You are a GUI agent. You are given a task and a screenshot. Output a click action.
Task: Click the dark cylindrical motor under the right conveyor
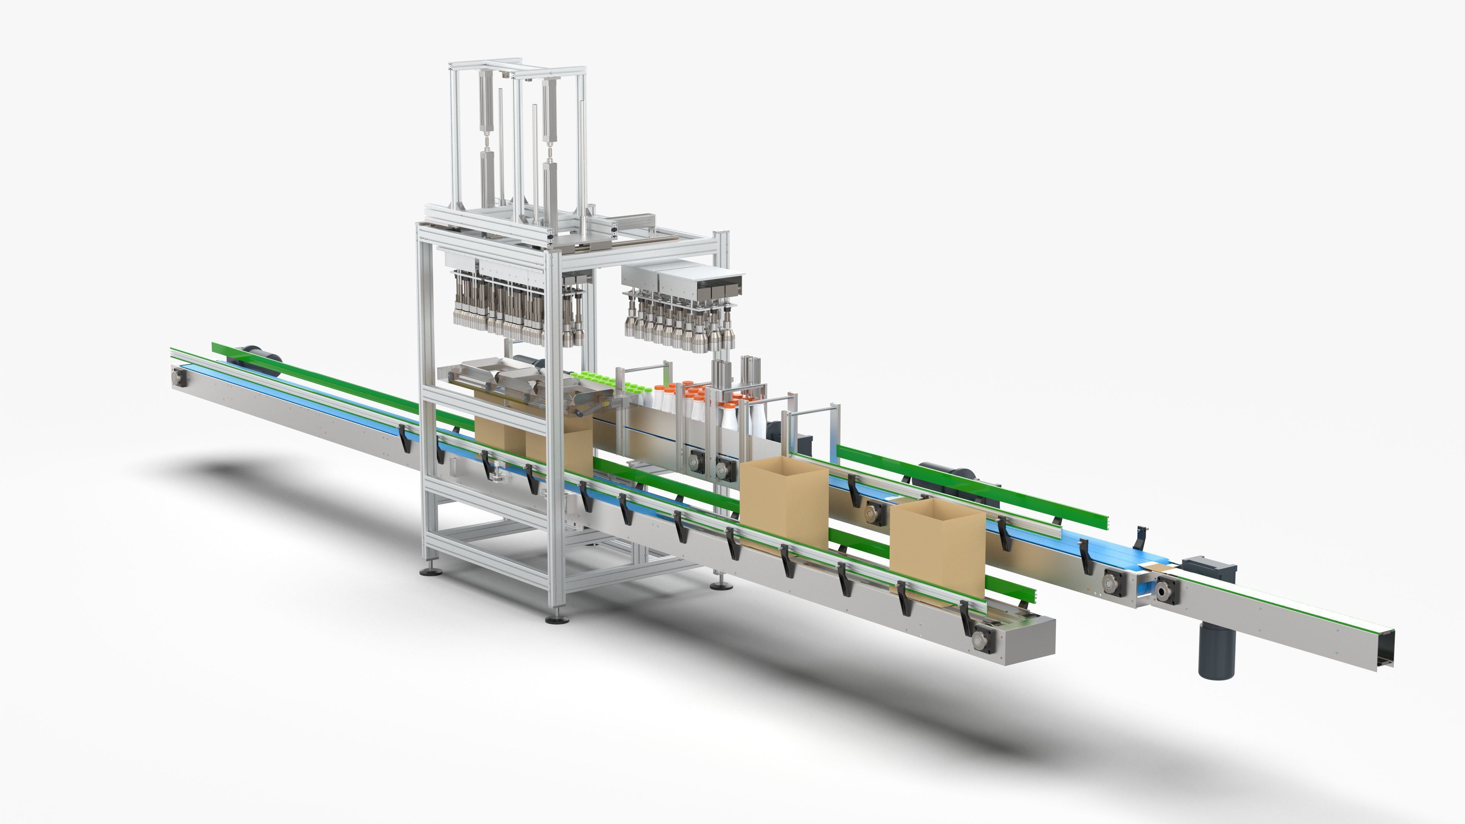click(x=1217, y=649)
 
